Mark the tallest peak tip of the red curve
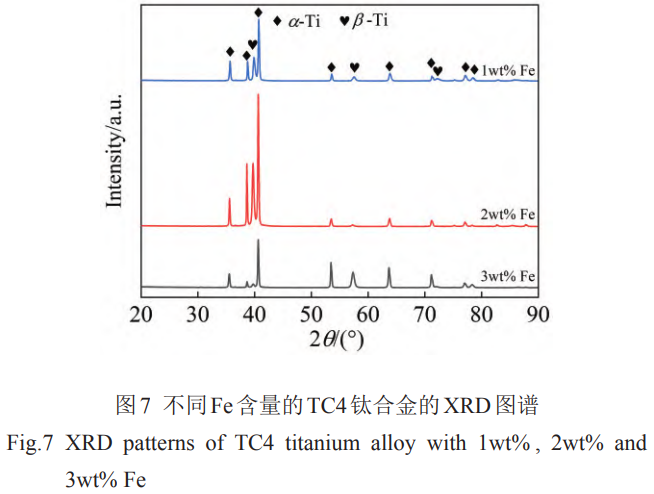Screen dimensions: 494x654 click(x=259, y=95)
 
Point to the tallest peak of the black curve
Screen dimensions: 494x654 click(x=259, y=240)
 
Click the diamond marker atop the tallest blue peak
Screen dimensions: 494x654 click(x=259, y=12)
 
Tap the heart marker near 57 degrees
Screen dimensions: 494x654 click(x=355, y=67)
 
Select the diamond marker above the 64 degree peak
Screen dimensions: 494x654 click(x=390, y=66)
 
